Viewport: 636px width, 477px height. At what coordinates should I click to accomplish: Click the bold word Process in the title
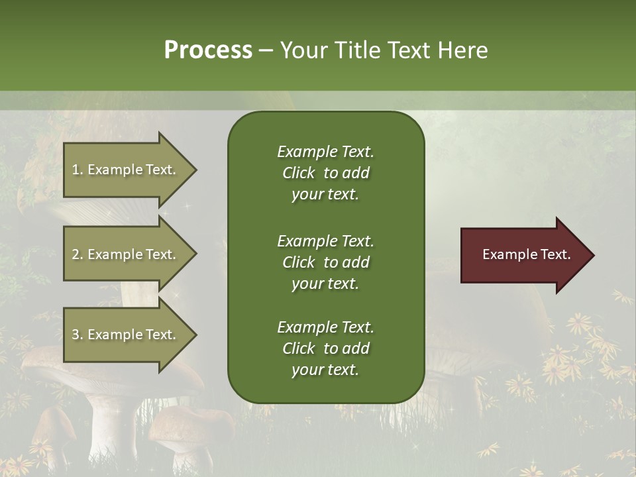pos(208,50)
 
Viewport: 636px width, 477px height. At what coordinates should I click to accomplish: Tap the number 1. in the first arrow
pos(78,170)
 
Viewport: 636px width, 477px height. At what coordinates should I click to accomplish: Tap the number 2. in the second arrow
pos(78,254)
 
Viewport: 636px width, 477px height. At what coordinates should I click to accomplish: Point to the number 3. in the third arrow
pos(78,335)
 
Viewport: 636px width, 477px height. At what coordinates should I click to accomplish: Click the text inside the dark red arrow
pos(526,254)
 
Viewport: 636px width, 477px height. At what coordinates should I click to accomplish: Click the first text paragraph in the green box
pos(325,173)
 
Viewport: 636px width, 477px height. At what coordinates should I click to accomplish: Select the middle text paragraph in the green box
pos(325,262)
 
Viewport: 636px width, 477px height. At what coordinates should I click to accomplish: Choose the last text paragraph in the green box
pos(325,348)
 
